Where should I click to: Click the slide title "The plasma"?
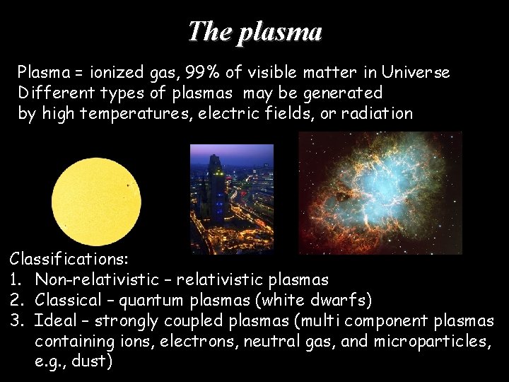[255, 31]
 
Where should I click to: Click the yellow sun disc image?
[96, 192]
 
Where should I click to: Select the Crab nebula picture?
[380, 192]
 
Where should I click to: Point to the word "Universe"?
[416, 72]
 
